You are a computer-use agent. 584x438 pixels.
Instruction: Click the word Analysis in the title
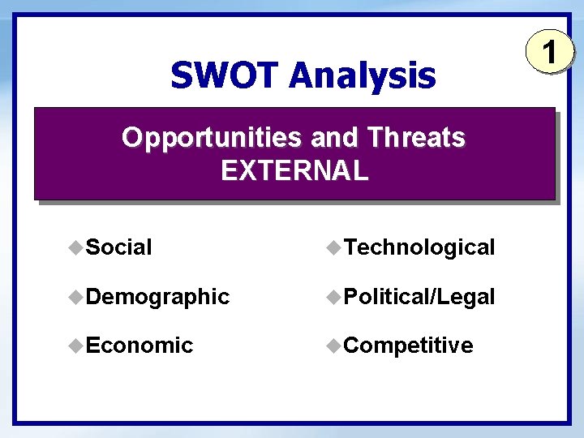click(362, 76)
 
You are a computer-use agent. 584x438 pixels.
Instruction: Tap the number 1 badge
click(549, 53)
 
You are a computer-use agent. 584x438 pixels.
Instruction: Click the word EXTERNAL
click(294, 171)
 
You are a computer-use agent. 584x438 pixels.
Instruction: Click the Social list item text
click(118, 247)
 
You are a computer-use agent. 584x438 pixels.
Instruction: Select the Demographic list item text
click(157, 297)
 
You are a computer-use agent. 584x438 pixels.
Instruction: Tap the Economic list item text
click(139, 346)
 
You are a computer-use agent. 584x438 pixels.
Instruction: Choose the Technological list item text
click(419, 247)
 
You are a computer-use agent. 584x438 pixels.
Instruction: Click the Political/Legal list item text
click(419, 297)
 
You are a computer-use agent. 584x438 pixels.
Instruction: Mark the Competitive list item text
click(409, 346)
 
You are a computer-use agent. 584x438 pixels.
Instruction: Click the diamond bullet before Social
click(75, 247)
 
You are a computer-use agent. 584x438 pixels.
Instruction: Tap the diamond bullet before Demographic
click(75, 296)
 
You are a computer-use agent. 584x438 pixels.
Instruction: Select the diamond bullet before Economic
click(75, 345)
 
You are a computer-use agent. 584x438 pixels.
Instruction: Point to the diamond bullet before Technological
click(334, 247)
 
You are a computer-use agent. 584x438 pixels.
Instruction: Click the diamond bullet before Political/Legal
click(334, 296)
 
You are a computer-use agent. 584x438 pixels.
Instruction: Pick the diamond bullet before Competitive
click(334, 345)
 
